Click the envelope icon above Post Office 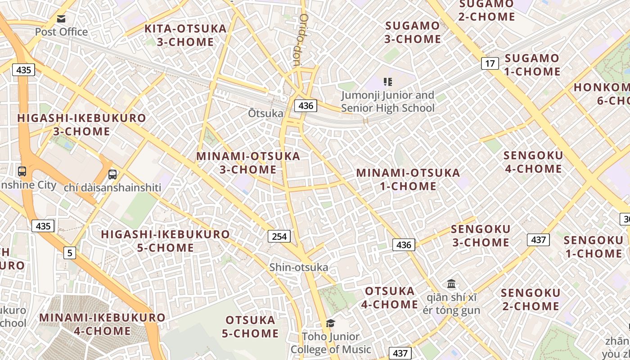tap(61, 18)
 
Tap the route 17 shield tap(490, 63)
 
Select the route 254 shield tap(279, 236)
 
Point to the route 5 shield tap(69, 253)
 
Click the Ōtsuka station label tap(265, 113)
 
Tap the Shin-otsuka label tap(299, 267)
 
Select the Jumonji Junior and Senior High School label tap(387, 102)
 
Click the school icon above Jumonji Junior tap(387, 82)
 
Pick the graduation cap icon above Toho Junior tap(330, 323)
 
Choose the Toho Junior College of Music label tap(331, 343)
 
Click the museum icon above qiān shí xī tap(451, 284)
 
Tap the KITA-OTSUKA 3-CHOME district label tap(185, 35)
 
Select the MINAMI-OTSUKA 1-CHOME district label tap(408, 179)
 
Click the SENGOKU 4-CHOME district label tap(533, 162)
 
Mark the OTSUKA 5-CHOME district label tap(250, 327)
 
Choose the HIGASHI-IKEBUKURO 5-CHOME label tap(165, 241)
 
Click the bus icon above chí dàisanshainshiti tap(112, 174)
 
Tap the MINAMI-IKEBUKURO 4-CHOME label tap(102, 324)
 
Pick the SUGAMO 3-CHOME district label tap(412, 32)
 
